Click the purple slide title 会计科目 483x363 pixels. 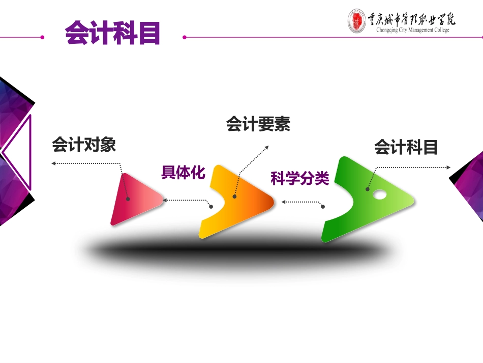113,33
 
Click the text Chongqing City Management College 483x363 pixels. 412,30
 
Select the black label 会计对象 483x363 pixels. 84,145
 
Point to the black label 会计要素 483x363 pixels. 258,124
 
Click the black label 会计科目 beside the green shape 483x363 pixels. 406,148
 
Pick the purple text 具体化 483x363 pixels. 183,173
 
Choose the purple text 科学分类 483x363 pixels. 300,179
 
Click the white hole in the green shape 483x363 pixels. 379,194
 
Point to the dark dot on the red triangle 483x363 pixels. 128,199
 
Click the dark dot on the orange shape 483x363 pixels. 234,197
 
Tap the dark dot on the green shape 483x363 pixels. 367,189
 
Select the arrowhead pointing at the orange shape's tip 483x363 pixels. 284,202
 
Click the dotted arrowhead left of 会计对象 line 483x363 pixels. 53,163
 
